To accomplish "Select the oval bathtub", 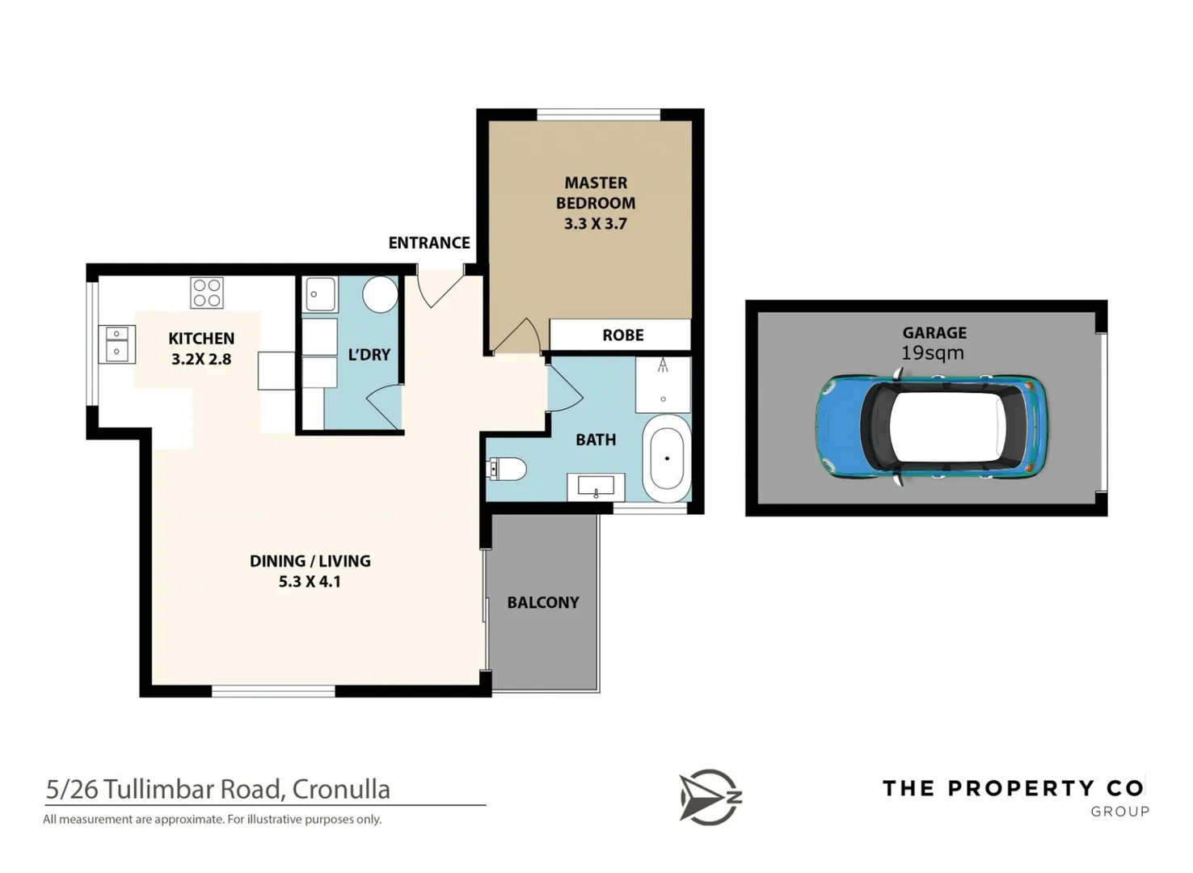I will click(667, 458).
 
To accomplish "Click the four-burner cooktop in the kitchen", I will click(207, 293).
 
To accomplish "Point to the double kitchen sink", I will click(116, 344).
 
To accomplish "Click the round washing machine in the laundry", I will click(380, 294).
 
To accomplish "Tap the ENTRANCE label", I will click(428, 242).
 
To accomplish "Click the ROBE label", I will click(622, 335).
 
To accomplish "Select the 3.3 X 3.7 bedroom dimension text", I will click(595, 224).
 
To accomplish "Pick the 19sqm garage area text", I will click(932, 353).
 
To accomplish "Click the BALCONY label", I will click(542, 602).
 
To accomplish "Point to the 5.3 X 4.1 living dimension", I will click(310, 581).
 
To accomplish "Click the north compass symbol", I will click(709, 797).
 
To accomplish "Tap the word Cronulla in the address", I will click(340, 789).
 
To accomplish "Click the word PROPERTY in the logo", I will click(1021, 788).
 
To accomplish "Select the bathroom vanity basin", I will click(596, 487).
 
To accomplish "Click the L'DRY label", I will click(369, 354).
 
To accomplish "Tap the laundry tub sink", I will click(320, 294).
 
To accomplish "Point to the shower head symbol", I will click(663, 365).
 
